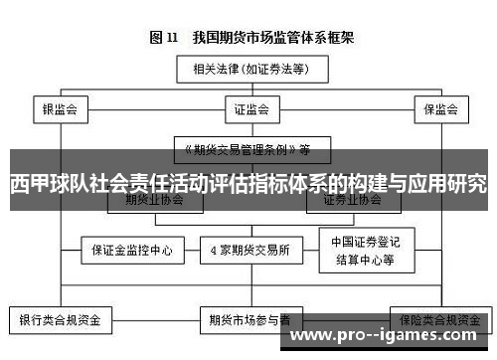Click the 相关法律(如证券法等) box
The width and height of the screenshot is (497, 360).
[248, 69]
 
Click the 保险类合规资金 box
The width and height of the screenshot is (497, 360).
[437, 320]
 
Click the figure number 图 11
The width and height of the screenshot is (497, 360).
[163, 38]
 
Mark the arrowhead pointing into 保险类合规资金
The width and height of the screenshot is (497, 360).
[437, 305]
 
